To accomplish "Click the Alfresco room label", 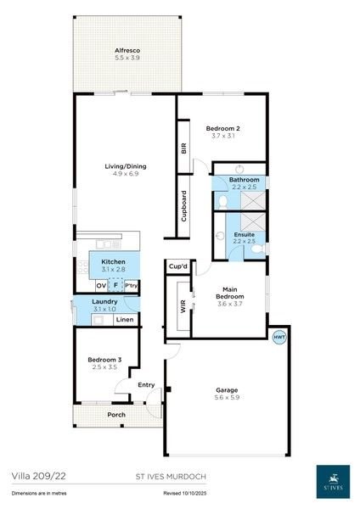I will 127,51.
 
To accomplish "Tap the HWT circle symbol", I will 278,337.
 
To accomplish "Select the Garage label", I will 227,390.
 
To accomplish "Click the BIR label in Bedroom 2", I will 183,148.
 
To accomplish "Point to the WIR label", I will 183,307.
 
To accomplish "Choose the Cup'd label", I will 177,266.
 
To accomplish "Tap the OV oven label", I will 100,286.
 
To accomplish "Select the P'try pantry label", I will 131,286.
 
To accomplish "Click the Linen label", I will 124,320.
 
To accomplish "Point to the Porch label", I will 116,414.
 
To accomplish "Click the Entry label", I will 146,385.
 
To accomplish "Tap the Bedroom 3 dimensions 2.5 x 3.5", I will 105,367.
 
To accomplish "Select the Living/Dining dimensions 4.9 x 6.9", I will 125,174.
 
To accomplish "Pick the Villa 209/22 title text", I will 36,478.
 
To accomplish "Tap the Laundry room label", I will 105,301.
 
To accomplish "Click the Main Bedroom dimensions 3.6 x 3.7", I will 229,304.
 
